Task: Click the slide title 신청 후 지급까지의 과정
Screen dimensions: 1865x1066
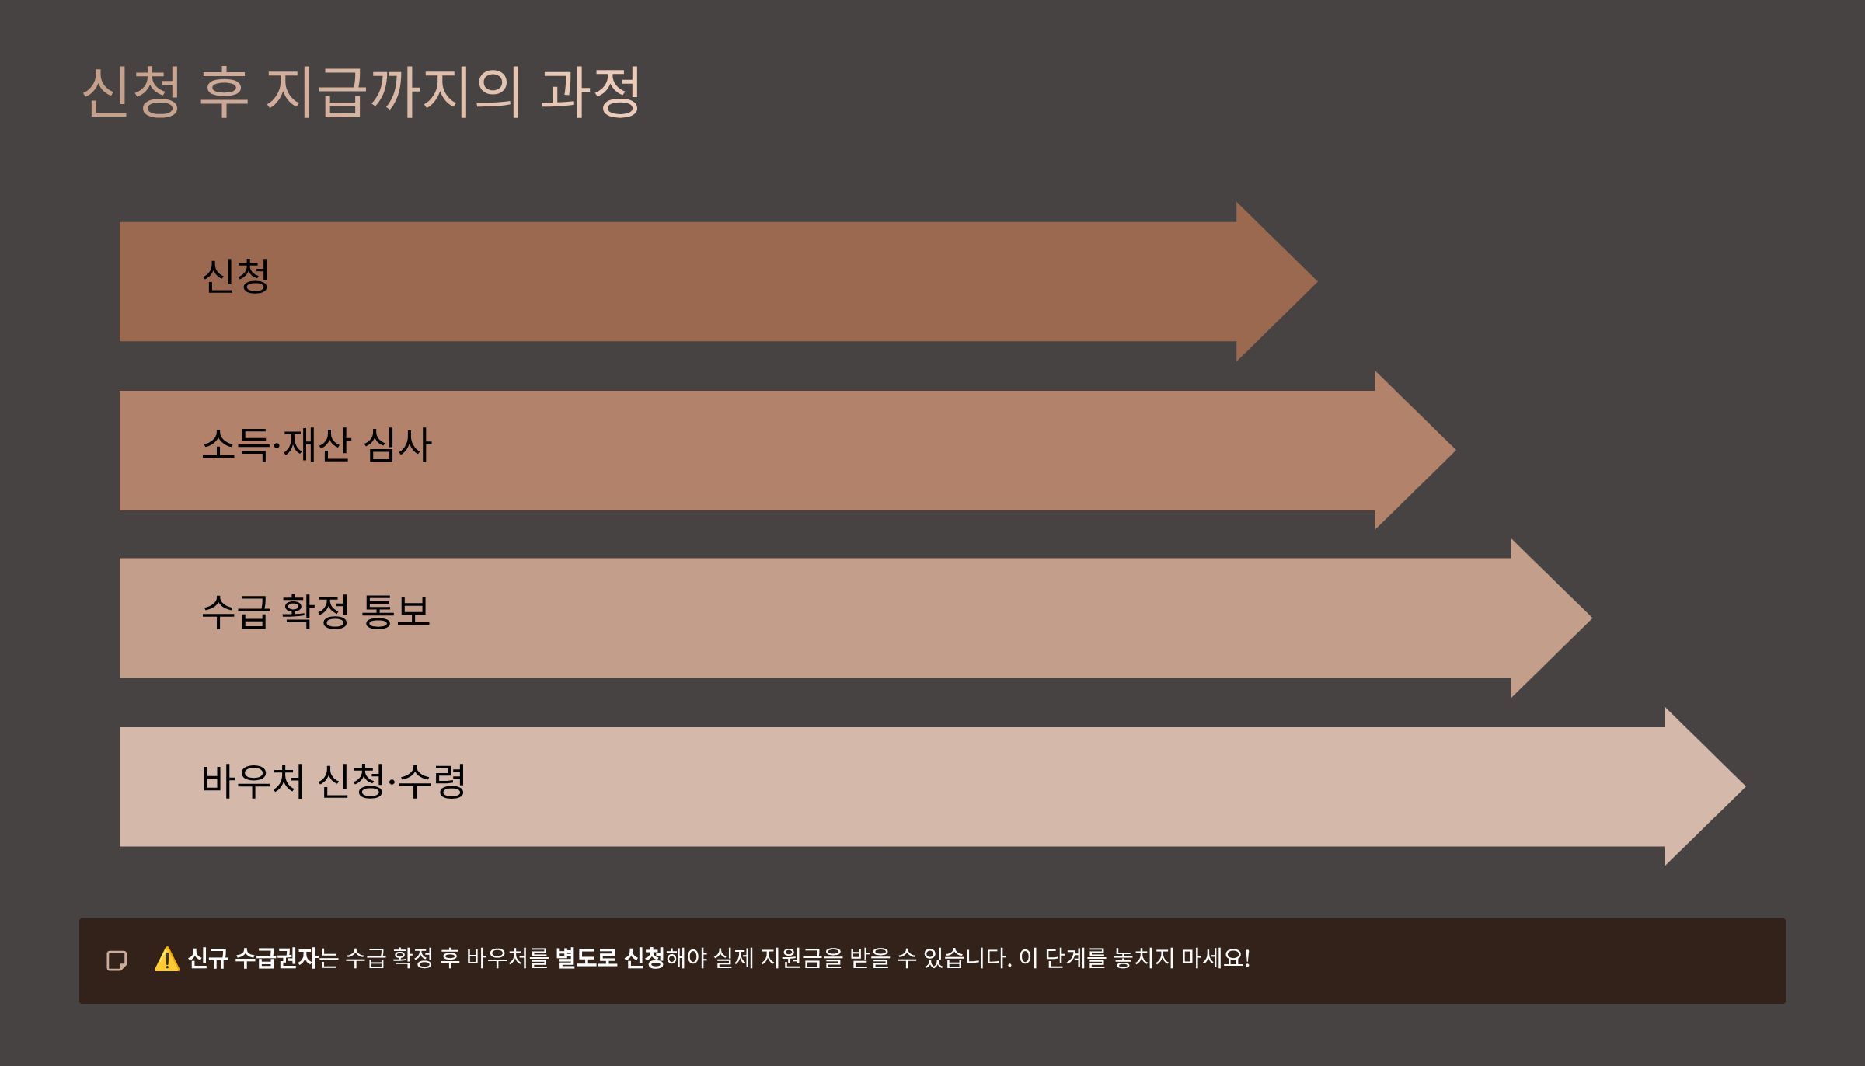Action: pos(361,92)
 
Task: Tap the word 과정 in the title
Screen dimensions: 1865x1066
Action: pos(591,92)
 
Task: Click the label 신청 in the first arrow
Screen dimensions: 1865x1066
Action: pos(236,277)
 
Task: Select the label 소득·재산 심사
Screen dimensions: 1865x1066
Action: pos(316,445)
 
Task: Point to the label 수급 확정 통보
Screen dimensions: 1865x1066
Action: pos(315,612)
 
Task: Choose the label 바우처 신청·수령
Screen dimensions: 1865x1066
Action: pos(333,782)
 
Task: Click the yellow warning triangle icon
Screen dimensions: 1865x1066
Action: pos(167,960)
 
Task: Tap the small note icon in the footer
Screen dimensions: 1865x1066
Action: pos(117,961)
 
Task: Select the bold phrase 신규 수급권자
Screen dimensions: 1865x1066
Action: pos(253,959)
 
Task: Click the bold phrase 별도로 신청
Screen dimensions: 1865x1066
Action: pos(610,959)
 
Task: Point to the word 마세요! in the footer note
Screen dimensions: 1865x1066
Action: pos(1215,959)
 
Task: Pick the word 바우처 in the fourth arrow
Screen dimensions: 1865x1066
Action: pos(253,782)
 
